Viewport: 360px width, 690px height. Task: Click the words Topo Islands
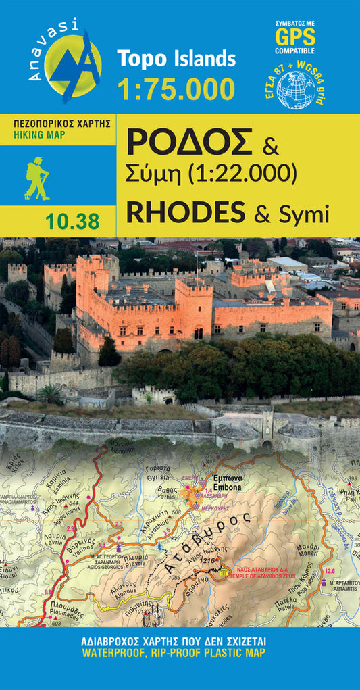[176, 59]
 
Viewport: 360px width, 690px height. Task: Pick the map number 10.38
[74, 220]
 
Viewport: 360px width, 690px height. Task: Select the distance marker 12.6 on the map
[330, 571]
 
